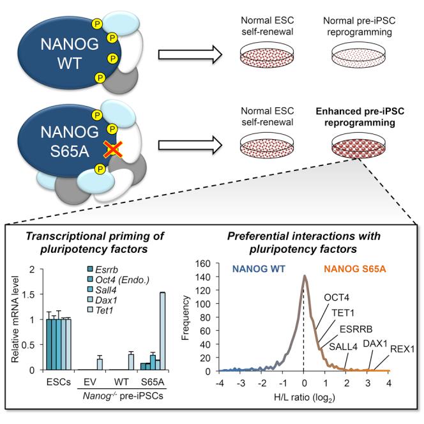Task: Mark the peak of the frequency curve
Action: pos(305,276)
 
